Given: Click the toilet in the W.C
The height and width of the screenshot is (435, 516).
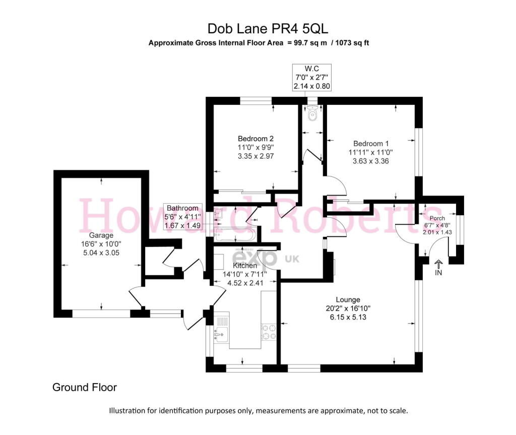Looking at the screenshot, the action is [311, 113].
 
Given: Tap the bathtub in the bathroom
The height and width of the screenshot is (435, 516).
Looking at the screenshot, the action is [234, 234].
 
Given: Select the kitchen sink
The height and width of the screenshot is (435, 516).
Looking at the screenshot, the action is [221, 335].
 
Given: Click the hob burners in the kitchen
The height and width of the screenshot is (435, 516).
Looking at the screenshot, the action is [269, 332].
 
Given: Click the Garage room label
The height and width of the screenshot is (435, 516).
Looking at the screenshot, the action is [101, 235].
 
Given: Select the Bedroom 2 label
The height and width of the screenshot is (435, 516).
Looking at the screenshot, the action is [255, 139].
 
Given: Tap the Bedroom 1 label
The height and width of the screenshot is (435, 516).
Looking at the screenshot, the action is [371, 144].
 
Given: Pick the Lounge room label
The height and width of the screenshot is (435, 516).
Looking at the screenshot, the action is [348, 299].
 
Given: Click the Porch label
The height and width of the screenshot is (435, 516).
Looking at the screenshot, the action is [437, 218].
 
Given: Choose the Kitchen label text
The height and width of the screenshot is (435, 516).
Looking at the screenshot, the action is [245, 266].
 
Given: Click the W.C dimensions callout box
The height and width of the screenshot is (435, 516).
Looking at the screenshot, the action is [311, 78].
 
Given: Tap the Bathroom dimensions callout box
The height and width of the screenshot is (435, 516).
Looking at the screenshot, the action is [182, 217].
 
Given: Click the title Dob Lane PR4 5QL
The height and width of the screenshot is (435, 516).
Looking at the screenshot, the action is [268, 29].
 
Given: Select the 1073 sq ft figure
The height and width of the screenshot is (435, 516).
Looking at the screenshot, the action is [352, 43].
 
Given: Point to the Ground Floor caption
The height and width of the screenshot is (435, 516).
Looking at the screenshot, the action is [85, 387].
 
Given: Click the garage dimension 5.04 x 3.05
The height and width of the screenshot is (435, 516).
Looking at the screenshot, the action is [101, 253].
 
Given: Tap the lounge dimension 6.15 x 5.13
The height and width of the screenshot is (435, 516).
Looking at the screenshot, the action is [348, 317].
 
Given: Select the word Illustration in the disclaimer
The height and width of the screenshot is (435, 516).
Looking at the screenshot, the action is [126, 411].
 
